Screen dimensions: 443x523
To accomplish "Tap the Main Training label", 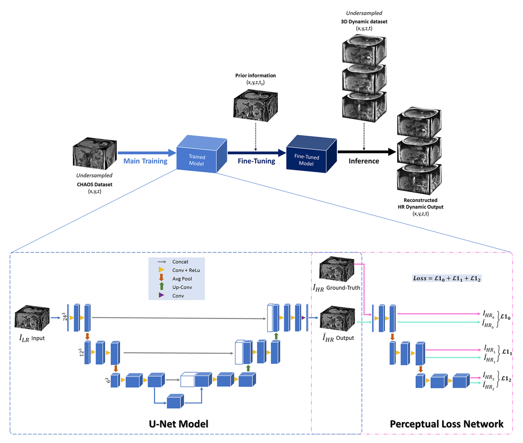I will [x=145, y=161].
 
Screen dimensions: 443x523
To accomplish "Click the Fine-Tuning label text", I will [x=256, y=161].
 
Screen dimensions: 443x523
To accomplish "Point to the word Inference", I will [x=363, y=161].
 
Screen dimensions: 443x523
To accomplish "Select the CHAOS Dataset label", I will [x=95, y=184].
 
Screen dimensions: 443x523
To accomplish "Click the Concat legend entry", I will [x=180, y=262].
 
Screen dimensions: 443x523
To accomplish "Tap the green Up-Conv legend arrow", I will [x=162, y=286].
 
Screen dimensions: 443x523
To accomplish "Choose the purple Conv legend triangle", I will [x=161, y=295].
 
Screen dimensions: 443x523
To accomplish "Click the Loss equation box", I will [x=446, y=278].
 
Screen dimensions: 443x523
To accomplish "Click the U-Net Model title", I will [x=179, y=424].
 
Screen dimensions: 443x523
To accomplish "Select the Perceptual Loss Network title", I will [x=446, y=424].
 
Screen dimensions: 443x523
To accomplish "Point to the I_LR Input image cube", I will [x=32, y=318].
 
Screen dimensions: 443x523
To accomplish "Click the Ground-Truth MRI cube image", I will [x=337, y=269].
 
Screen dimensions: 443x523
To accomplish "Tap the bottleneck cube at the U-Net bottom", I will [x=175, y=401].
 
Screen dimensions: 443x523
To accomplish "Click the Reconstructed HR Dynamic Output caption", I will [x=420, y=204].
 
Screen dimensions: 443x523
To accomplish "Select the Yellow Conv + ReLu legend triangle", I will [x=161, y=270].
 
